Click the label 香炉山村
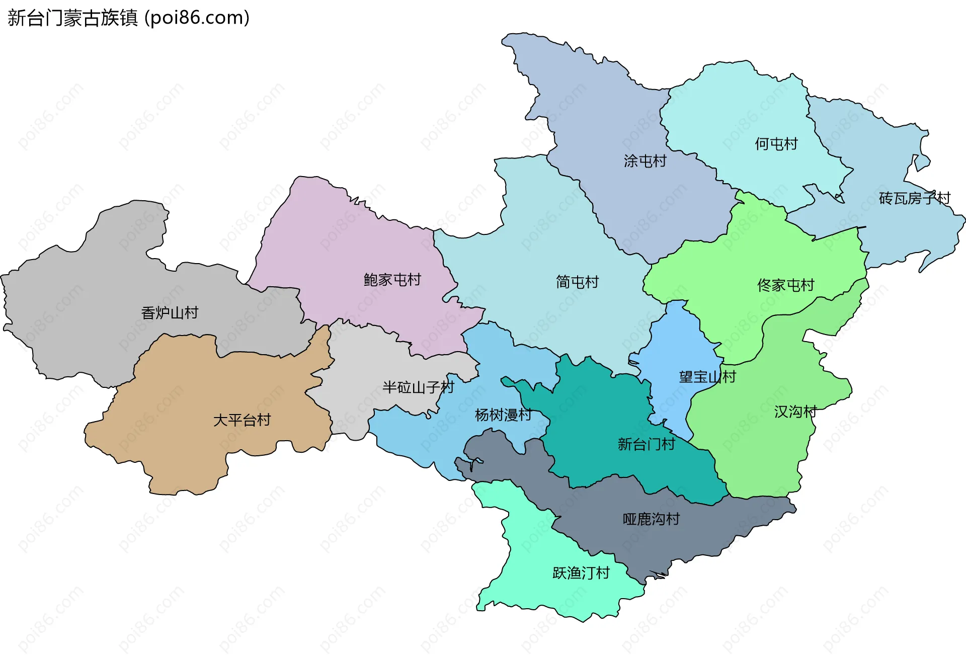coord(170,313)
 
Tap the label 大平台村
coord(242,420)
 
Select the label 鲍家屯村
coord(392,280)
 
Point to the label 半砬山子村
coord(418,387)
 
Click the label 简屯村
coord(577,282)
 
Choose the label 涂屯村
coord(645,161)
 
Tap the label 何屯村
coord(776,144)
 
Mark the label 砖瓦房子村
coord(914,199)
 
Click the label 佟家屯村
coord(785,286)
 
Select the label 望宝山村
coord(707,377)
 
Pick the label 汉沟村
coord(795,412)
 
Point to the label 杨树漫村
coord(503,415)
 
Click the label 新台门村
coord(646,444)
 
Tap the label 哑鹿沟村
coord(651,519)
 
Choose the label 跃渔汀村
coord(581,573)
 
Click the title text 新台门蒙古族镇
coord(72,18)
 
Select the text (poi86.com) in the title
coord(197,18)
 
